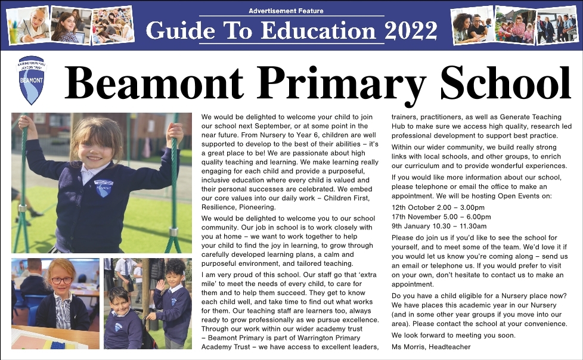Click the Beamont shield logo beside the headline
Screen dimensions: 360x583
coord(32,80)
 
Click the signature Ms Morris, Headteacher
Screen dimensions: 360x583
coord(431,346)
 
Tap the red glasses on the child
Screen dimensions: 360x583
coord(60,280)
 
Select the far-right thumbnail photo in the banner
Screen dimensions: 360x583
coord(557,26)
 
